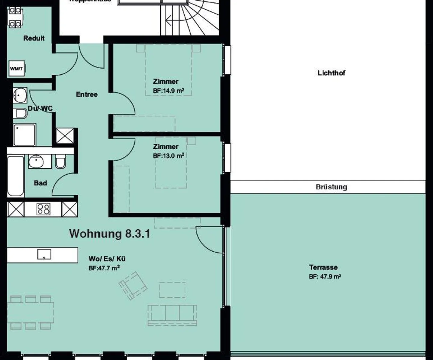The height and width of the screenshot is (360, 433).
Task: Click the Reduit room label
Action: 34,38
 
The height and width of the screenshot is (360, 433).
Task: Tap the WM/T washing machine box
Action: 17,69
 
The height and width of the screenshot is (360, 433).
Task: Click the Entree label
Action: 87,95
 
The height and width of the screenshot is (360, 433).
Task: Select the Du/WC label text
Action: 40,108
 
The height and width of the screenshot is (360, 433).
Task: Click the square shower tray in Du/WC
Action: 24,134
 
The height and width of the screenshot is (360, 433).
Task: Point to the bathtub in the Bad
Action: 16,176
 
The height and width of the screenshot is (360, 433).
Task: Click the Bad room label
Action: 40,183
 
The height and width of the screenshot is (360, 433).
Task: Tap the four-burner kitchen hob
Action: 43,209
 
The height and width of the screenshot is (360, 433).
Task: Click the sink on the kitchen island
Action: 44,254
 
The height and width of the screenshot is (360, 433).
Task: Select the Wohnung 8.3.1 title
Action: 109,234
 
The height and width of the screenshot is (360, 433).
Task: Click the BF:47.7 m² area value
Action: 104,268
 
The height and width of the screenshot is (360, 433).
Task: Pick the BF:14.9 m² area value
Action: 168,90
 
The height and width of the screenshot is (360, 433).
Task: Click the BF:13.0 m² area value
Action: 168,156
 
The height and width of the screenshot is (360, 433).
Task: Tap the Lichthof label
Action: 331,73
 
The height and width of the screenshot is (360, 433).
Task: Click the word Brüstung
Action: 331,187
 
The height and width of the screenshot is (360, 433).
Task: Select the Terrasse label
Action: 323,267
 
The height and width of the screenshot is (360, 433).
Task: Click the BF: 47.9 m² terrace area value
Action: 325,277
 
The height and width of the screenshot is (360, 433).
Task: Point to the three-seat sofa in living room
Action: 172,315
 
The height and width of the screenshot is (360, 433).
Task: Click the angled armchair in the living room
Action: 133,285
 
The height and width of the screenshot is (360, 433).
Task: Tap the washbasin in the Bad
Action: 36,162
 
